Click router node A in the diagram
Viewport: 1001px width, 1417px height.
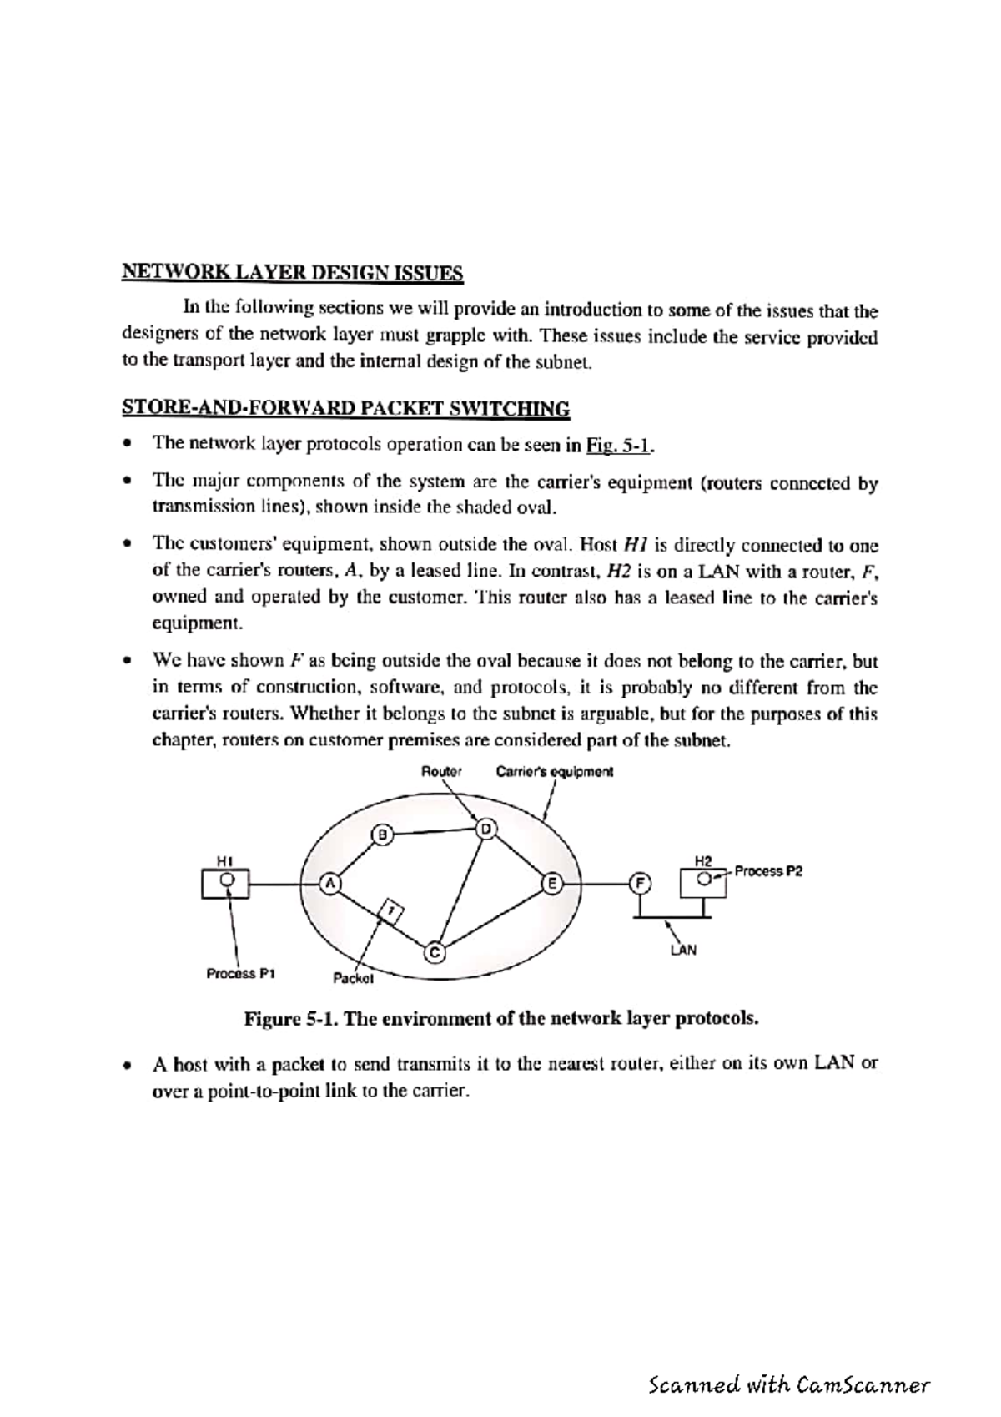[x=330, y=883]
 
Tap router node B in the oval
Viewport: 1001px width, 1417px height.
[x=382, y=834]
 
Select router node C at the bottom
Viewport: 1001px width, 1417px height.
[x=435, y=951]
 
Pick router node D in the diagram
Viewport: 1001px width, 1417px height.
[x=485, y=829]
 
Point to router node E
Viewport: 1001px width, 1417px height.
[x=552, y=883]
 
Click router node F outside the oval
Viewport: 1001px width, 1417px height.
[x=639, y=883]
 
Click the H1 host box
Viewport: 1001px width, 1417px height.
[x=225, y=883]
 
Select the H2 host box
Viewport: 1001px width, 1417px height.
[x=704, y=881]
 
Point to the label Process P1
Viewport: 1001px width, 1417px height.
[x=241, y=973]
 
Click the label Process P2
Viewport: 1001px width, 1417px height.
[x=768, y=871]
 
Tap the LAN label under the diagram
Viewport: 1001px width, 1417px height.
[x=683, y=950]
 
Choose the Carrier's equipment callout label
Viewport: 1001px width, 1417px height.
[x=554, y=772]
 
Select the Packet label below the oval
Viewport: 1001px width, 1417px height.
[x=353, y=977]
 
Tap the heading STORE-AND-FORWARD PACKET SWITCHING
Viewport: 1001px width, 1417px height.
[x=346, y=408]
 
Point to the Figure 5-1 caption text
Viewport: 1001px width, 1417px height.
[x=501, y=1019]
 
